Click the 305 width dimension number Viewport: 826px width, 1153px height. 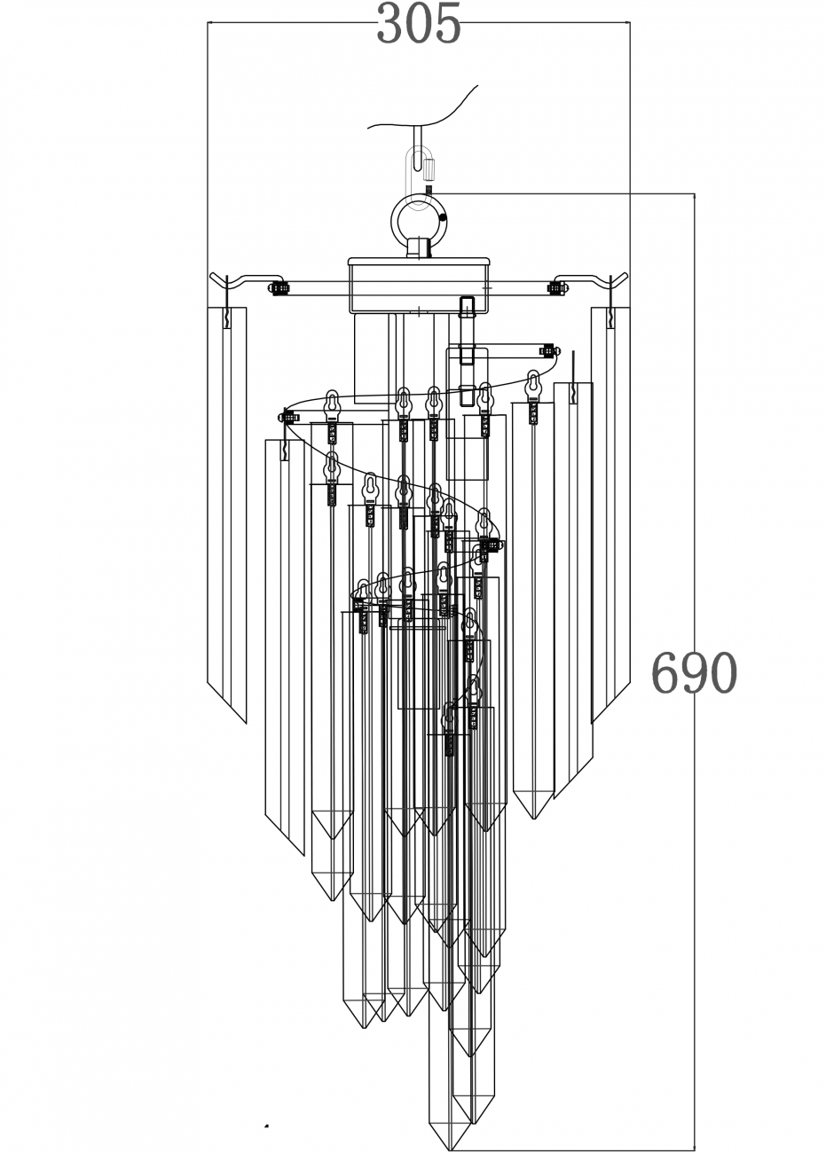(x=419, y=24)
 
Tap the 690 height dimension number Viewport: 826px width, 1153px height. (x=694, y=673)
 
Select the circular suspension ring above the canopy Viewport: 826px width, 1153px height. (x=420, y=216)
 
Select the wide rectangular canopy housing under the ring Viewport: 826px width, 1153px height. (x=419, y=284)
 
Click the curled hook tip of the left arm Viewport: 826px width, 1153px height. (x=215, y=277)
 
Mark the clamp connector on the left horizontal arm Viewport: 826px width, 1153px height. (x=279, y=287)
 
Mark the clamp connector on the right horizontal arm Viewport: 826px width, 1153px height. (x=558, y=287)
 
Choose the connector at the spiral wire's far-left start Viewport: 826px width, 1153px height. (x=289, y=416)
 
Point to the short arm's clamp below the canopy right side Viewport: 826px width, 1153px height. (x=548, y=350)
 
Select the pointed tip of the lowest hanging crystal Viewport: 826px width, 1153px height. (x=451, y=1148)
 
